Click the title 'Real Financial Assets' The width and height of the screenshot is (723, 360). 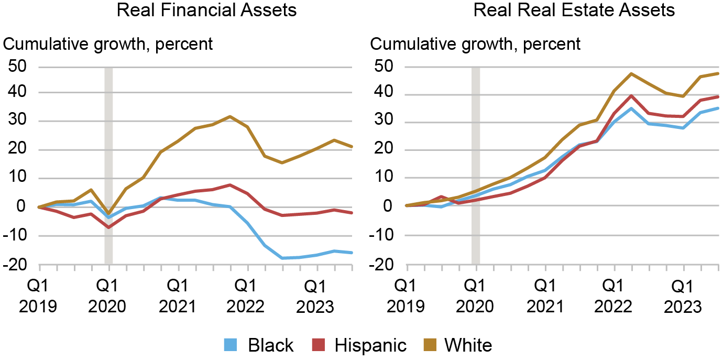coord(206,10)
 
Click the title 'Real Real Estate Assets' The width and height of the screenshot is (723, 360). coord(574,10)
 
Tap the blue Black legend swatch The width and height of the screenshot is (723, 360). coord(231,345)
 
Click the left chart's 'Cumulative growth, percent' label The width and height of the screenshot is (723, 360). coord(108,43)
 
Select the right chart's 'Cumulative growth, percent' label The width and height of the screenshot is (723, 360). coord(476,43)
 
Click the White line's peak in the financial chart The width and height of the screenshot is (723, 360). coord(230,116)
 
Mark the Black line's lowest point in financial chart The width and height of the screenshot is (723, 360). coord(283,258)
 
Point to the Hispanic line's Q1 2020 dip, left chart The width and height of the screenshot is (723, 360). coord(108,227)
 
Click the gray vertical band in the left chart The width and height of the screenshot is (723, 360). coord(108,165)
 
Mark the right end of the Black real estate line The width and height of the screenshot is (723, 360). coord(718,108)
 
